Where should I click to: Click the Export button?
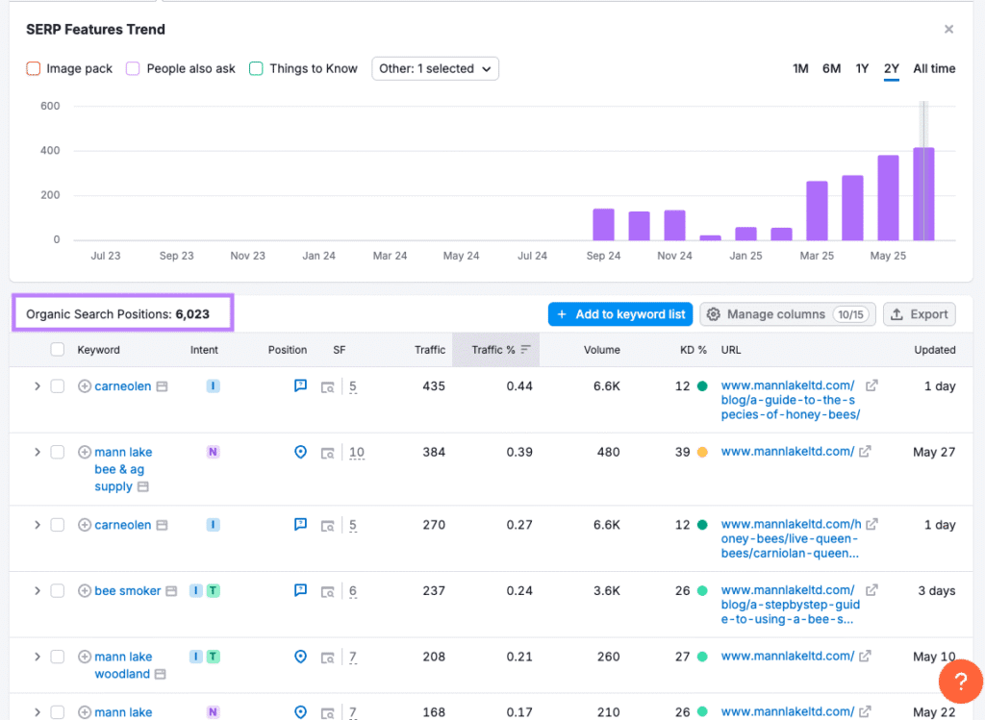(919, 314)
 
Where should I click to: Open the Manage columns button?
(787, 314)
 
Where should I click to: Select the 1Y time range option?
(862, 68)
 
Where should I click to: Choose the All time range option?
(934, 68)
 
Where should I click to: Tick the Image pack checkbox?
(34, 68)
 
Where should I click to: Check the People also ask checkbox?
(134, 68)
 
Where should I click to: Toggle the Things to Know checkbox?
(256, 68)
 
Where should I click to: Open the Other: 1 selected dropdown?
(435, 68)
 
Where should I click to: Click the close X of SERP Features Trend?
(948, 30)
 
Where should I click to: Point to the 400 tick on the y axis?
(50, 151)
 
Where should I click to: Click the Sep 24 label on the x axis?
(603, 256)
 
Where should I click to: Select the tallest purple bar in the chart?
(923, 193)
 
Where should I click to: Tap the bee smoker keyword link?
(127, 591)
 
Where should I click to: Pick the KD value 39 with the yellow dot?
(683, 452)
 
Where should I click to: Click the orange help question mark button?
(960, 683)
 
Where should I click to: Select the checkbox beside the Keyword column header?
(58, 350)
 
